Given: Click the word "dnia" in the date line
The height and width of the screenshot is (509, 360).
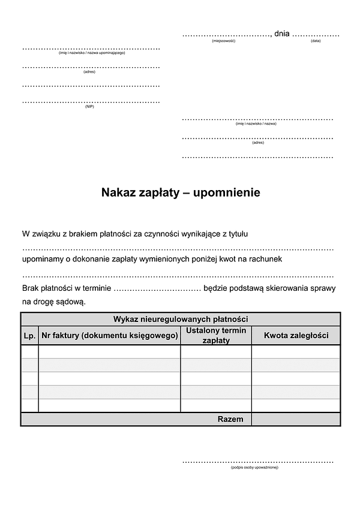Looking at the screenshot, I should (x=281, y=34).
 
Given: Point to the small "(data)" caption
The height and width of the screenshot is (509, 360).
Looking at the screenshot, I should (x=316, y=41).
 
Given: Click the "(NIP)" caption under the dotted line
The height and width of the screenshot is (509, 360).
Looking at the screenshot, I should (x=89, y=106).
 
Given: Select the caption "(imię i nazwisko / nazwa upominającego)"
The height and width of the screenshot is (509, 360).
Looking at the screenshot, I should (x=92, y=53).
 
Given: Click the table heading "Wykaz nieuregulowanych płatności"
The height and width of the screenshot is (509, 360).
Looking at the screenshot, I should (x=181, y=319).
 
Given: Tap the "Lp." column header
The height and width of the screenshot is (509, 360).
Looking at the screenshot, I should (x=29, y=336).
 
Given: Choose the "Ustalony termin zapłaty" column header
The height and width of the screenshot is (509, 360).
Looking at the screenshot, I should (x=216, y=336).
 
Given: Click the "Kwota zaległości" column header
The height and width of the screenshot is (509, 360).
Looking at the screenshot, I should (x=296, y=336).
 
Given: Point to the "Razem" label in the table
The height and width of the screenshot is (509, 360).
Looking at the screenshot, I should (x=230, y=419).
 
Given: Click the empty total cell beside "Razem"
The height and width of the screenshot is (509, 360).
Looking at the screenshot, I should (x=296, y=419).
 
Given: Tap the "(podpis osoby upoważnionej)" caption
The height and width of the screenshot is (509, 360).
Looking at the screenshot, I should (x=254, y=468).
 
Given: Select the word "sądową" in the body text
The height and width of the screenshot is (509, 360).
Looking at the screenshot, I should (x=71, y=302).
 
